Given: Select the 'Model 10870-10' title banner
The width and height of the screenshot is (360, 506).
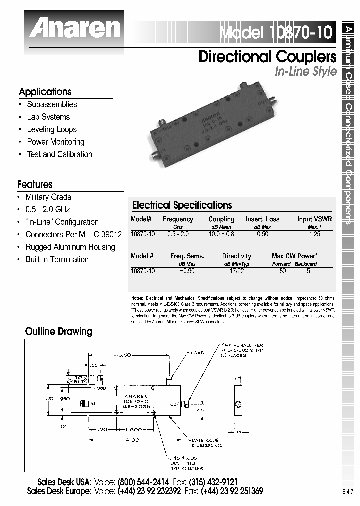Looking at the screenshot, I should (x=275, y=33).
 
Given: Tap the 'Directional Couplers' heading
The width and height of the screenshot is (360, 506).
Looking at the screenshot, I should (x=267, y=56).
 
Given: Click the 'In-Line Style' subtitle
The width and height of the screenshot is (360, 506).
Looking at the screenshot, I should (x=306, y=71).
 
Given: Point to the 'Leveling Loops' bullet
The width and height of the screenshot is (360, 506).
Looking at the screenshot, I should (x=51, y=129).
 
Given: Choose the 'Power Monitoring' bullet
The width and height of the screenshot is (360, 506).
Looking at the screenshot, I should (x=55, y=142).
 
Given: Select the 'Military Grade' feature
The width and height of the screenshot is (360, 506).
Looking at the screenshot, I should (x=48, y=197).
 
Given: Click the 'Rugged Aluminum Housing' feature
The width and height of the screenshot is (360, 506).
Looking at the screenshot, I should (x=70, y=247).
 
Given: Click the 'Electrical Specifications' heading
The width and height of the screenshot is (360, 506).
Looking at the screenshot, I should (x=182, y=205).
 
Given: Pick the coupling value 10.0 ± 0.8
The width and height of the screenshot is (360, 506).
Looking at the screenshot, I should (x=221, y=233).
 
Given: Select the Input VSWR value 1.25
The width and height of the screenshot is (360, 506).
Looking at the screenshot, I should (x=314, y=233).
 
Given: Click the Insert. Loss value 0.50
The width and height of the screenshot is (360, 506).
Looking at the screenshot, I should (x=262, y=233).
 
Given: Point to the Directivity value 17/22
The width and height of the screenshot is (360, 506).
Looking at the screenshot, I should (x=236, y=270).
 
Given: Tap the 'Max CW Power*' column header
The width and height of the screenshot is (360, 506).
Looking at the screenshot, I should (x=294, y=256).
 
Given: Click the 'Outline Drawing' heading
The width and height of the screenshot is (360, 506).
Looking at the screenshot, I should (x=59, y=331).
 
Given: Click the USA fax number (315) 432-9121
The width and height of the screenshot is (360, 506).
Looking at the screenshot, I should (x=213, y=482).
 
